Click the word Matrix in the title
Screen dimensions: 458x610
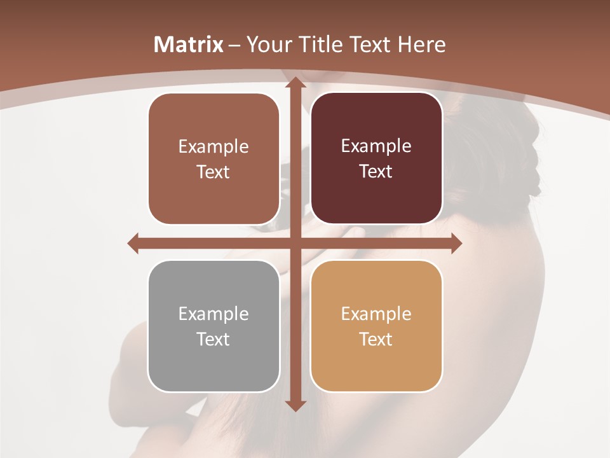click(x=189, y=45)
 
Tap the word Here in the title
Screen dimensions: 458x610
click(x=422, y=45)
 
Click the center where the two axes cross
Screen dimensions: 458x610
click(x=294, y=243)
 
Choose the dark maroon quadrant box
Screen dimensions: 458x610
click(x=376, y=158)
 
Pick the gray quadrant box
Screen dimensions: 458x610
click(x=213, y=326)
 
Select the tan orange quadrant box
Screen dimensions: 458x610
click(x=376, y=326)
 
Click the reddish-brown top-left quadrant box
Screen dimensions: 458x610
click(x=213, y=158)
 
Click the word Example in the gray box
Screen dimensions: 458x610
click(x=213, y=314)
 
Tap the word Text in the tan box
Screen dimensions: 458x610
click(x=376, y=339)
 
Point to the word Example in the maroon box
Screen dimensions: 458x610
click(x=376, y=146)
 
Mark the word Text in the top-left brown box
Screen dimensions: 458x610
click(x=213, y=172)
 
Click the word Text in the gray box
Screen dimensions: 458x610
click(x=213, y=339)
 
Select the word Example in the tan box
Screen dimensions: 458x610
click(x=376, y=314)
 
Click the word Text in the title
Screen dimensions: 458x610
click(x=372, y=45)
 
